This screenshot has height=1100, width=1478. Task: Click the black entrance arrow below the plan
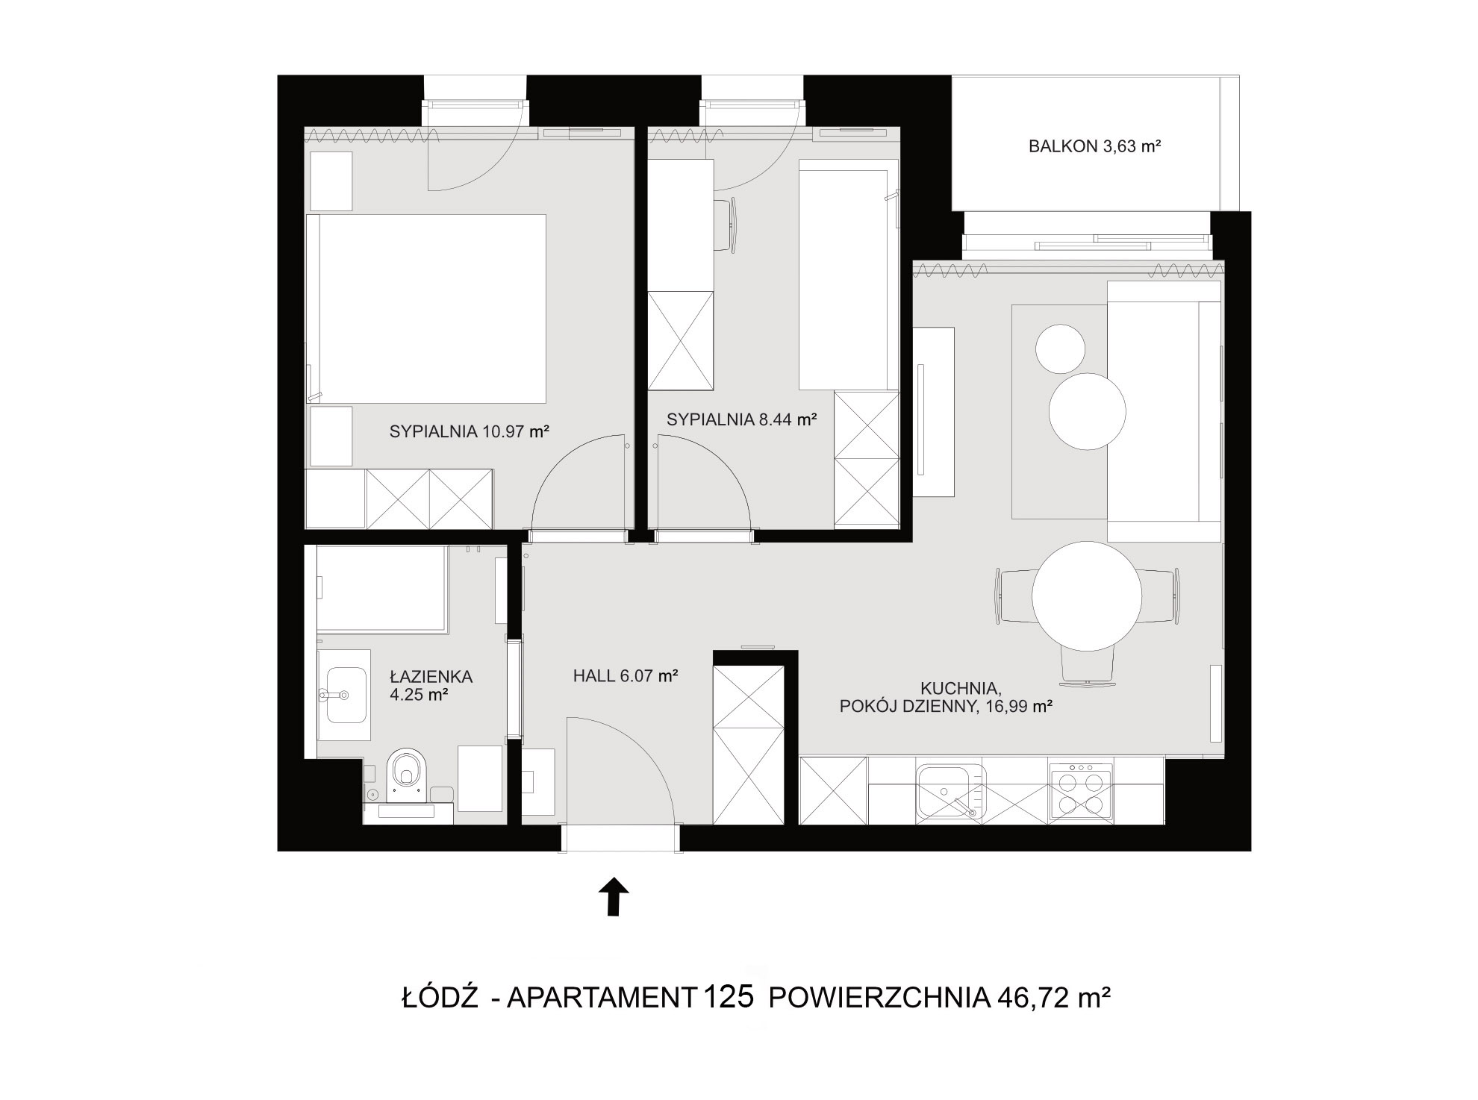(614, 896)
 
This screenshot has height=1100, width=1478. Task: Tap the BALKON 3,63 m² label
(1095, 146)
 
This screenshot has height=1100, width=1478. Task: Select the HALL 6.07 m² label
(626, 676)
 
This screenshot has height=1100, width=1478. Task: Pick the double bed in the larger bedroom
(426, 309)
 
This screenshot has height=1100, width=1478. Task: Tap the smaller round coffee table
(1060, 349)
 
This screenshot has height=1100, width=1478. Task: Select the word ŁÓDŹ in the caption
(439, 998)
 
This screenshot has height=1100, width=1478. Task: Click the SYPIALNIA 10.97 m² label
(470, 431)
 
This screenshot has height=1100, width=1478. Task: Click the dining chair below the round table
(1088, 663)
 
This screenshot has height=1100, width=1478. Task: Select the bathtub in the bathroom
(381, 589)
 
